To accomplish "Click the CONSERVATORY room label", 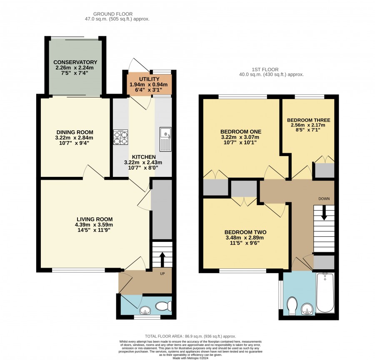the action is (x=75, y=62).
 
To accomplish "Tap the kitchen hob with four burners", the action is (x=120, y=137).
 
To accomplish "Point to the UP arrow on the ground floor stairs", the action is (x=162, y=260).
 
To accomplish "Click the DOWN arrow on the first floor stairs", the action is (x=324, y=212).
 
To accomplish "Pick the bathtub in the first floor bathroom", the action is (x=325, y=293).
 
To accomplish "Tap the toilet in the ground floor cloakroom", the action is (x=164, y=306).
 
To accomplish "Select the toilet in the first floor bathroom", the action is (x=292, y=306).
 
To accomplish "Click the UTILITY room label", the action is (x=149, y=79).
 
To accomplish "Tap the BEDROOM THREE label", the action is (x=308, y=120).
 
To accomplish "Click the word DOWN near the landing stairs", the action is (x=324, y=199).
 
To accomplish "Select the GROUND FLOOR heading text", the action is (x=113, y=14).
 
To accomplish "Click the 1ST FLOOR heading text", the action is (x=265, y=70).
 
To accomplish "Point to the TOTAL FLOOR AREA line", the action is (x=190, y=336).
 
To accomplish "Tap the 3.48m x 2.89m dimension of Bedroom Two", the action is (x=245, y=238).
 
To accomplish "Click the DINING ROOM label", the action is (x=75, y=132).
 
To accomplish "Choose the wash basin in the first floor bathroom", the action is (x=307, y=309).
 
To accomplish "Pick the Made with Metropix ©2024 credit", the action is (x=190, y=358).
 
